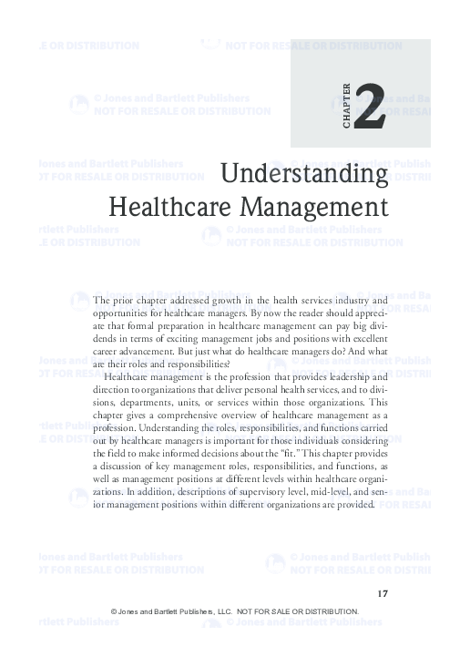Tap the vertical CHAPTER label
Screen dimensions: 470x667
pos(346,106)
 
